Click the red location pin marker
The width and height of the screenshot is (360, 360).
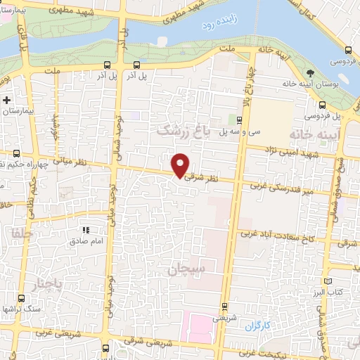point(181,165)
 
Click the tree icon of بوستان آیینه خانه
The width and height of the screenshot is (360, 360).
point(311,73)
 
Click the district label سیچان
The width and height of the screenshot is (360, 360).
point(185,269)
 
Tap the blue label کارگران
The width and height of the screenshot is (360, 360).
point(258,326)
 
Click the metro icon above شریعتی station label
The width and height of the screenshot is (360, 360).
point(224,306)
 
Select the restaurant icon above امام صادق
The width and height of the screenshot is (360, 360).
point(86,230)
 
